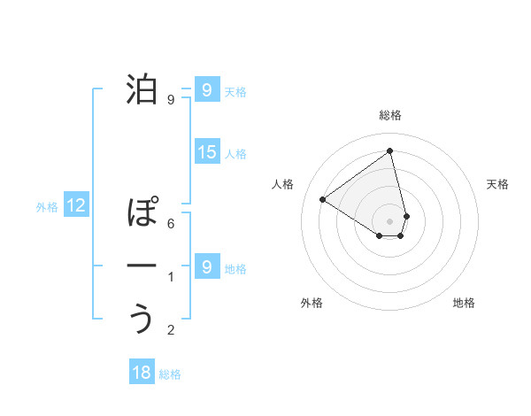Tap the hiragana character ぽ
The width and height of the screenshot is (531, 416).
click(142, 212)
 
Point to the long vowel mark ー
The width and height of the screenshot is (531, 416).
click(142, 266)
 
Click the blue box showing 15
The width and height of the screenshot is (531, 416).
click(206, 152)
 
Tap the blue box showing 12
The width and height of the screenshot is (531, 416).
click(76, 206)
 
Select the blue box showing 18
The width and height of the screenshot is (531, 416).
click(142, 373)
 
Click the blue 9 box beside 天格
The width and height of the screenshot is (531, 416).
click(206, 90)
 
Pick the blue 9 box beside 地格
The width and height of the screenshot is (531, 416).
click(206, 266)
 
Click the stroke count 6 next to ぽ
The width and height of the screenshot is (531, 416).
click(171, 224)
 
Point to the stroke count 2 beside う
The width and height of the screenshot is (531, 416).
click(171, 330)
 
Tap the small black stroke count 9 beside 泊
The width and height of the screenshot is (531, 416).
click(171, 100)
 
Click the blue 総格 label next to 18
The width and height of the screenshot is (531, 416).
click(170, 374)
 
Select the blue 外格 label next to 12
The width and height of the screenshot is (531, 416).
click(47, 207)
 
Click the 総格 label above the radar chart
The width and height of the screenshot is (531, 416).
click(390, 115)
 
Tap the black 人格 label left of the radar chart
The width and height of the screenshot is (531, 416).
click(283, 184)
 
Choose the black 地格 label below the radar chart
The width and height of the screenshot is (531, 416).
click(464, 303)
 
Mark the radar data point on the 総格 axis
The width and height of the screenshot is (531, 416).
click(389, 151)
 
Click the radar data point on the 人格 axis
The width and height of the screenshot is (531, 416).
click(323, 199)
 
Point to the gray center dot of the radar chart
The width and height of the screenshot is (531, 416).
click(389, 220)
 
